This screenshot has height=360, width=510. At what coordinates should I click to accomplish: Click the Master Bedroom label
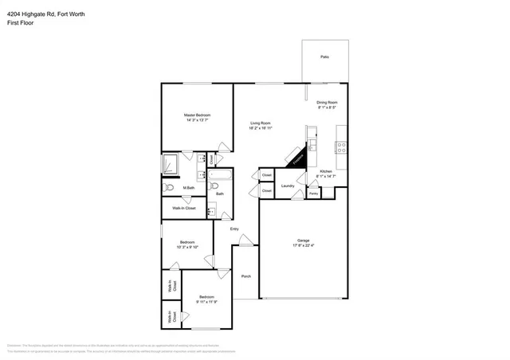pos(197,115)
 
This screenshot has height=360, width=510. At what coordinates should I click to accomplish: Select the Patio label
pos(324,57)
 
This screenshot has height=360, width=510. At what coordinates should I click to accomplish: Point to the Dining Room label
pos(328,102)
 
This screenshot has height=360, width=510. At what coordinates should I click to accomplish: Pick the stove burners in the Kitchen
pos(340,147)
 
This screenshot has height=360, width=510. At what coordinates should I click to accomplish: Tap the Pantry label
pos(313,194)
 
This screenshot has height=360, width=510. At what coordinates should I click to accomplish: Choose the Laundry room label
pos(288,186)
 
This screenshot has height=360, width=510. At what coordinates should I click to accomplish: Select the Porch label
pos(245,276)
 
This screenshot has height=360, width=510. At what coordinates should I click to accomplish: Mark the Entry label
pos(234,229)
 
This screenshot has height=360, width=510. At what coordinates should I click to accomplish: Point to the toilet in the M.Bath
pos(168,188)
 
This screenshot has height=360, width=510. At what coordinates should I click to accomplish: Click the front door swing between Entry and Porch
pos(246,239)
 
